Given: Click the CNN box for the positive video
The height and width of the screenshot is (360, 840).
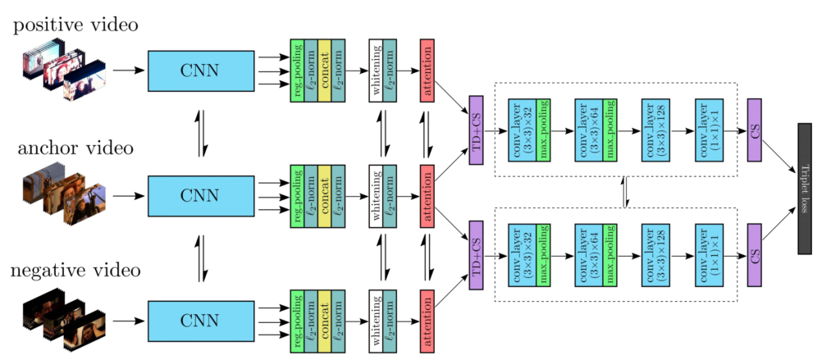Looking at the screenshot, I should tap(200, 71).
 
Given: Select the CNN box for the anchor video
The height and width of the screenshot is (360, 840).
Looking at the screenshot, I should tap(200, 197).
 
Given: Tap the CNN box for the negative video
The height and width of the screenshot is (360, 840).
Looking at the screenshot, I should tap(200, 322).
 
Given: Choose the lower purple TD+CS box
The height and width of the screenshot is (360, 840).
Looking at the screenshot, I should tap(477, 254).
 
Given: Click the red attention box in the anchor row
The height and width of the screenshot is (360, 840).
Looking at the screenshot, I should tap(427, 196).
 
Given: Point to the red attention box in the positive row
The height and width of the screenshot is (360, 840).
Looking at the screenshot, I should tap(427, 71).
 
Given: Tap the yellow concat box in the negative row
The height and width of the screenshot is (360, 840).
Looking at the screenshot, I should tap(325, 322).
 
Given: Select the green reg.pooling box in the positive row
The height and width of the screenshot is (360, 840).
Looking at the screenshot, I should tap(297, 71).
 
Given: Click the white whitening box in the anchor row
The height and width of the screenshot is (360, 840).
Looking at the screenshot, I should tap(376, 196).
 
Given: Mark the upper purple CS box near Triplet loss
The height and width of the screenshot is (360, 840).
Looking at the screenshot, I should tap(755, 130).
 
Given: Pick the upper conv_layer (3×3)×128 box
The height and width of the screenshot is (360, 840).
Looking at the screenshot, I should tap(655, 130).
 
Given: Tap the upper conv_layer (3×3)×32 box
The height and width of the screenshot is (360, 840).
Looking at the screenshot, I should tap(522, 130).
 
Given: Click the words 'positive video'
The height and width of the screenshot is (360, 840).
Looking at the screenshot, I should tap(75, 25).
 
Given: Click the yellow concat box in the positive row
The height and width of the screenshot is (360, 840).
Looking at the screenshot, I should tap(325, 71).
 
